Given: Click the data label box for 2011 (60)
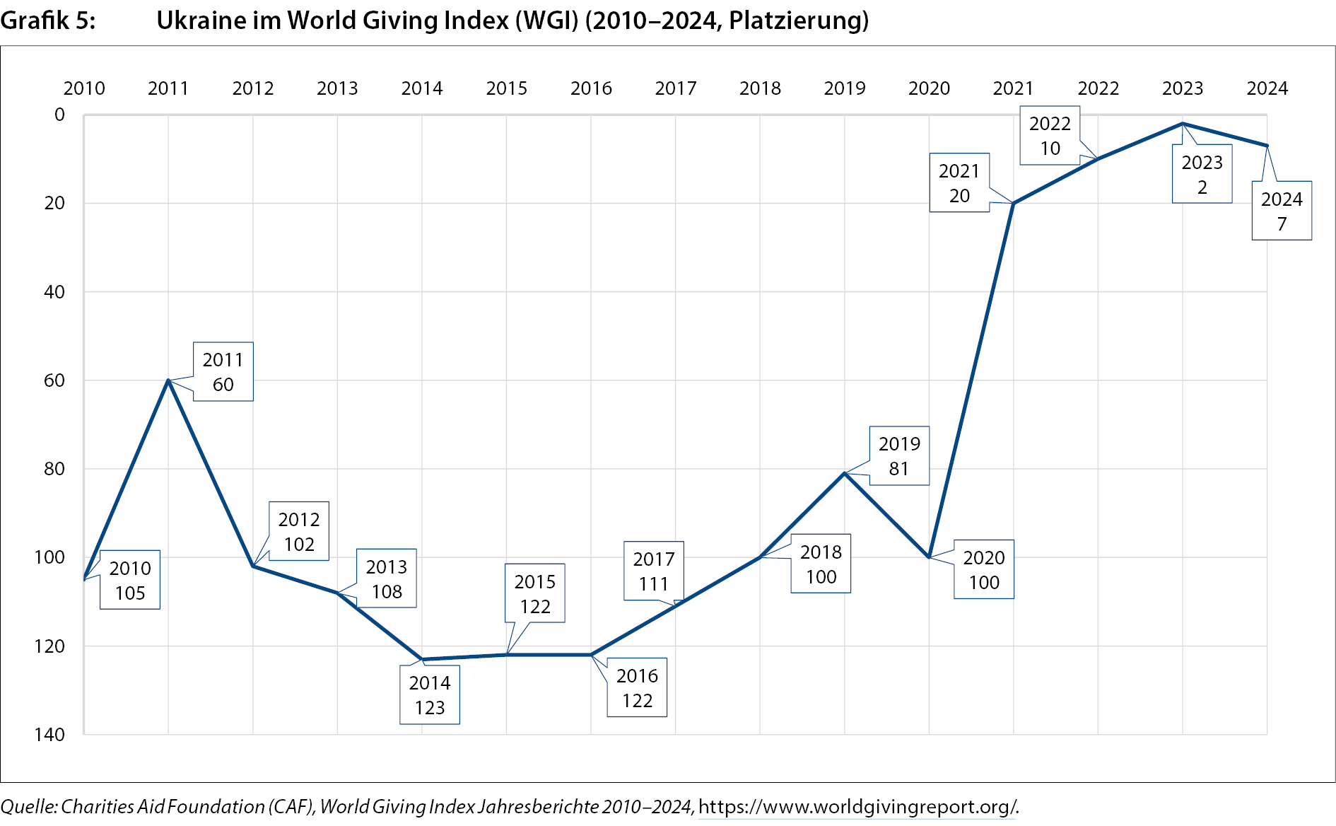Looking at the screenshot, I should click(223, 372).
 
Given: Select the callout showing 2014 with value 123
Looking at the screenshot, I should click(430, 695).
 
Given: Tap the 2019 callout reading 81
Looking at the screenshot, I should click(899, 456).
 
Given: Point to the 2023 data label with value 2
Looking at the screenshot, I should click(1202, 175).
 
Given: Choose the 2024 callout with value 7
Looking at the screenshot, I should click(1282, 211).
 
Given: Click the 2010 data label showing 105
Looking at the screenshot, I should click(130, 580).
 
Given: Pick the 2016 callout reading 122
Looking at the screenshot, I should click(637, 688).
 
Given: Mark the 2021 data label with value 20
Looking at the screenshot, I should click(959, 183).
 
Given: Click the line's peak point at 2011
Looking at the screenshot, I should click(168, 380).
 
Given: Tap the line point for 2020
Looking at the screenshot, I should click(929, 557).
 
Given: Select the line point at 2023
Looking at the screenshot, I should click(1183, 124).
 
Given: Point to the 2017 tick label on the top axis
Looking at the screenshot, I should click(676, 88).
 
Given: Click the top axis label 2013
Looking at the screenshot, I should click(337, 88).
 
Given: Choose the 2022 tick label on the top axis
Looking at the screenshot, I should click(1098, 88).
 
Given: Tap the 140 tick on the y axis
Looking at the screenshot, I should click(49, 735).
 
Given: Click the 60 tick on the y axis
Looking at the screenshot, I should click(54, 380).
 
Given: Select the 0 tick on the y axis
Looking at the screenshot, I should click(59, 115).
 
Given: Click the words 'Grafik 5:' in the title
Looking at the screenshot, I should click(48, 21).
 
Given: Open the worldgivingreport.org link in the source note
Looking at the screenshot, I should click(857, 807).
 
